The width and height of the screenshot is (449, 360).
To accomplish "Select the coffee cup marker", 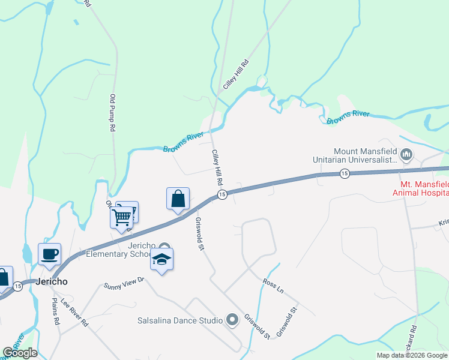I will tap(49, 253).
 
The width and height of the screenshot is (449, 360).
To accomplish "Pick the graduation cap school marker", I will tap(161, 260).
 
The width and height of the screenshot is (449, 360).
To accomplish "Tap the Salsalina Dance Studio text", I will tap(180, 320).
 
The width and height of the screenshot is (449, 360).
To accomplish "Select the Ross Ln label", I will tap(273, 286).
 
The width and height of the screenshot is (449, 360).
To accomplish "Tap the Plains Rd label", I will tap(55, 311).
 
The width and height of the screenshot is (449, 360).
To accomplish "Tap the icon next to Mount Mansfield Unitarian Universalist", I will tap(406, 155).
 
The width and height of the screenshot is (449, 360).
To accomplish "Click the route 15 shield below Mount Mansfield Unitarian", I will tap(344, 173).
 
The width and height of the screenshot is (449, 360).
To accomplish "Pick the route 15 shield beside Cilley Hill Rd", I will tap(221, 194).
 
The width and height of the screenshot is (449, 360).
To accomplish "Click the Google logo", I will tap(20, 353).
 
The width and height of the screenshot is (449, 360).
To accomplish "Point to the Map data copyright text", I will tap(412, 355).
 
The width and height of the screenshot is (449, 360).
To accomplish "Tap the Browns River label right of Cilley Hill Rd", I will tap(348, 118).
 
